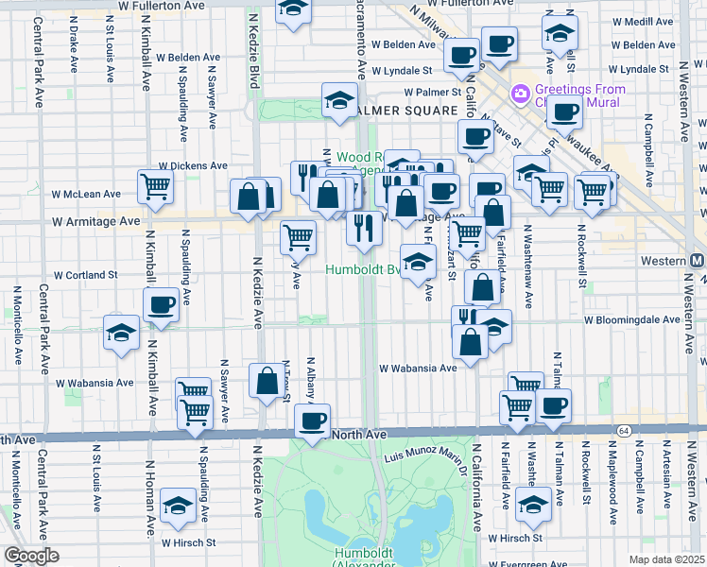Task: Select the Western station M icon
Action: (x=698, y=260)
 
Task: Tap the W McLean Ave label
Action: (x=87, y=194)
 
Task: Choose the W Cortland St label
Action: (x=85, y=275)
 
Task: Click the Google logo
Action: (x=31, y=556)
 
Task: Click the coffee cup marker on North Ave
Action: (x=311, y=421)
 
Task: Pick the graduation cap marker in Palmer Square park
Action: (x=338, y=101)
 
